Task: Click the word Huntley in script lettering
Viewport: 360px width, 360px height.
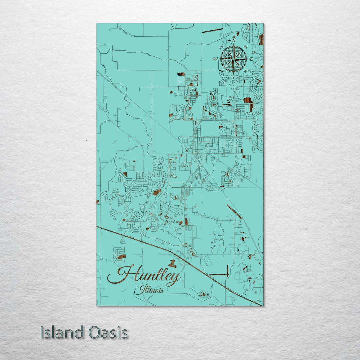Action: tap(144, 275)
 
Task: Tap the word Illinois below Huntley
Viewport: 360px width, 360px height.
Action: tap(149, 290)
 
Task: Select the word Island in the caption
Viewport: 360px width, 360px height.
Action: tap(62, 332)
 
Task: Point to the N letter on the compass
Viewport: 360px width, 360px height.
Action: tap(234, 40)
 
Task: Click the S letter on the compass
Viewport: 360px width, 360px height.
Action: tap(233, 77)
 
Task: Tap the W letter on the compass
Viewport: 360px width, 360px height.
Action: tap(215, 59)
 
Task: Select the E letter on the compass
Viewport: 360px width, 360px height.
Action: tap(251, 59)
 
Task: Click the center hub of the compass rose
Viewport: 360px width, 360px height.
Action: tap(233, 59)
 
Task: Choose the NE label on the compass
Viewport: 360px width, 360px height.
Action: tap(246, 47)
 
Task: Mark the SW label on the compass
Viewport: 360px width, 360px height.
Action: tap(221, 71)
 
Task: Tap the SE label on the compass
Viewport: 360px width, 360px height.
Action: tap(246, 71)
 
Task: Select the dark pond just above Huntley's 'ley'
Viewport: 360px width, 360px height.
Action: tap(172, 264)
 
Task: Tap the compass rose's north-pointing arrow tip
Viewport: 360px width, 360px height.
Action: tap(233, 44)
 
